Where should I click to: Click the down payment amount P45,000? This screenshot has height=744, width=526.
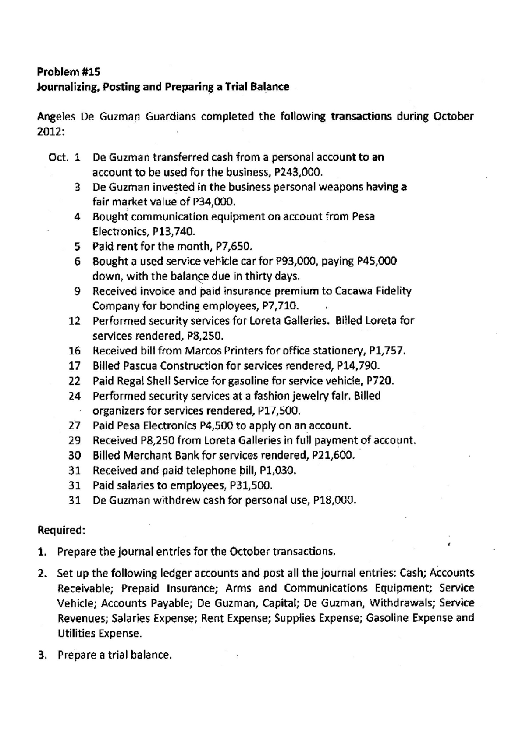pyautogui.click(x=377, y=261)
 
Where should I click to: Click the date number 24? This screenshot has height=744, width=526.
pyautogui.click(x=75, y=396)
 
